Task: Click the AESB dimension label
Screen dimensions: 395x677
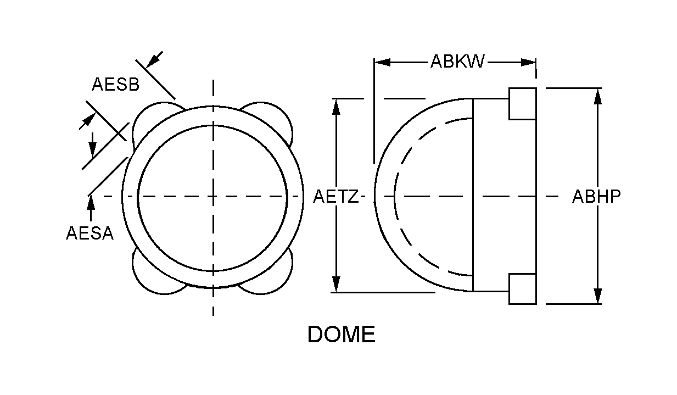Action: (x=115, y=85)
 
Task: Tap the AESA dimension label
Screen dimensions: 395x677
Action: (x=89, y=233)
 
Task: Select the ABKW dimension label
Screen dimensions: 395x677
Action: (x=457, y=61)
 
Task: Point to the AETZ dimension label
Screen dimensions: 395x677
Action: (x=335, y=196)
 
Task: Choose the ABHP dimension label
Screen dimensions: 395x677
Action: (x=596, y=196)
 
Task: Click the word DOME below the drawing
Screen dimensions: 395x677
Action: (x=341, y=335)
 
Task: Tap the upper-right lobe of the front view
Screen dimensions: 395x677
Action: (x=275, y=118)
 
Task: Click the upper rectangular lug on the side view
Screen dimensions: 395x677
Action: (x=522, y=103)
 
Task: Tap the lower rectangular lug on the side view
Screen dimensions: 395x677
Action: (x=522, y=288)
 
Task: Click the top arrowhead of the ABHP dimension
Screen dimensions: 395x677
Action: (x=598, y=94)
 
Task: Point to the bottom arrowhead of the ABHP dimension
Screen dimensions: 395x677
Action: (x=598, y=297)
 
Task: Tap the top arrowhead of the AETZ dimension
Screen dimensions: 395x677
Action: (x=336, y=105)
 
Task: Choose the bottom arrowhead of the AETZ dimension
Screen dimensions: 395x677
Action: (x=336, y=285)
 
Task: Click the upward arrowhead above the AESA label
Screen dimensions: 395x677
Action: (x=91, y=201)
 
